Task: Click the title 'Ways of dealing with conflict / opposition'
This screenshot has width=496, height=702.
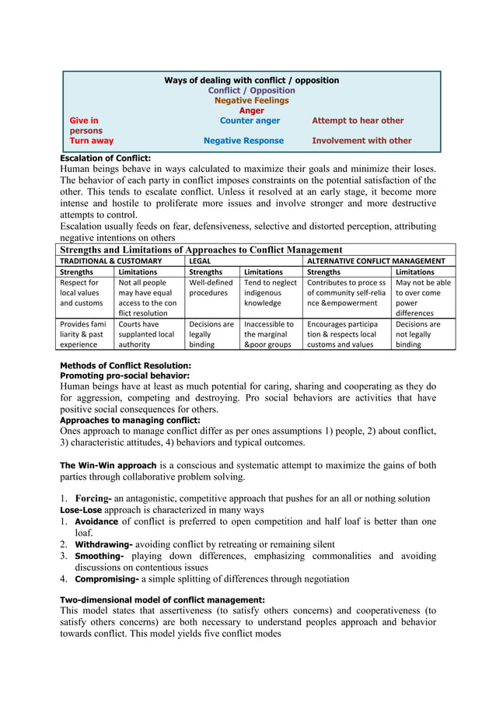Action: [x=251, y=80]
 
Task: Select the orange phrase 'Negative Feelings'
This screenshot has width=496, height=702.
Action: [x=251, y=100]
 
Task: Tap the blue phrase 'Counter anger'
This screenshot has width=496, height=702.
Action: [x=250, y=120]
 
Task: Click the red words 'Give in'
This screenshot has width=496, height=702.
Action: [x=84, y=120]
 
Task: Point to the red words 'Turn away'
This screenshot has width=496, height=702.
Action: [x=91, y=141]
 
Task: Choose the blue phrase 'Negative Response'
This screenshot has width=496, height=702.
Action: [x=243, y=141]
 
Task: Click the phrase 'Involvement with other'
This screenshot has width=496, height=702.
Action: [x=362, y=141]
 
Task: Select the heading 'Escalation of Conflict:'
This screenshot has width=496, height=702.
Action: [x=105, y=158]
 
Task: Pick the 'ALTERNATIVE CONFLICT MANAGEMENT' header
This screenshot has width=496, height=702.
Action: [x=376, y=261]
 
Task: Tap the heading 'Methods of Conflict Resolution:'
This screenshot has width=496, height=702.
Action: [x=125, y=365]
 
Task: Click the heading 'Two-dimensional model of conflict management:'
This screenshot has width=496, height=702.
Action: [x=162, y=599]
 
